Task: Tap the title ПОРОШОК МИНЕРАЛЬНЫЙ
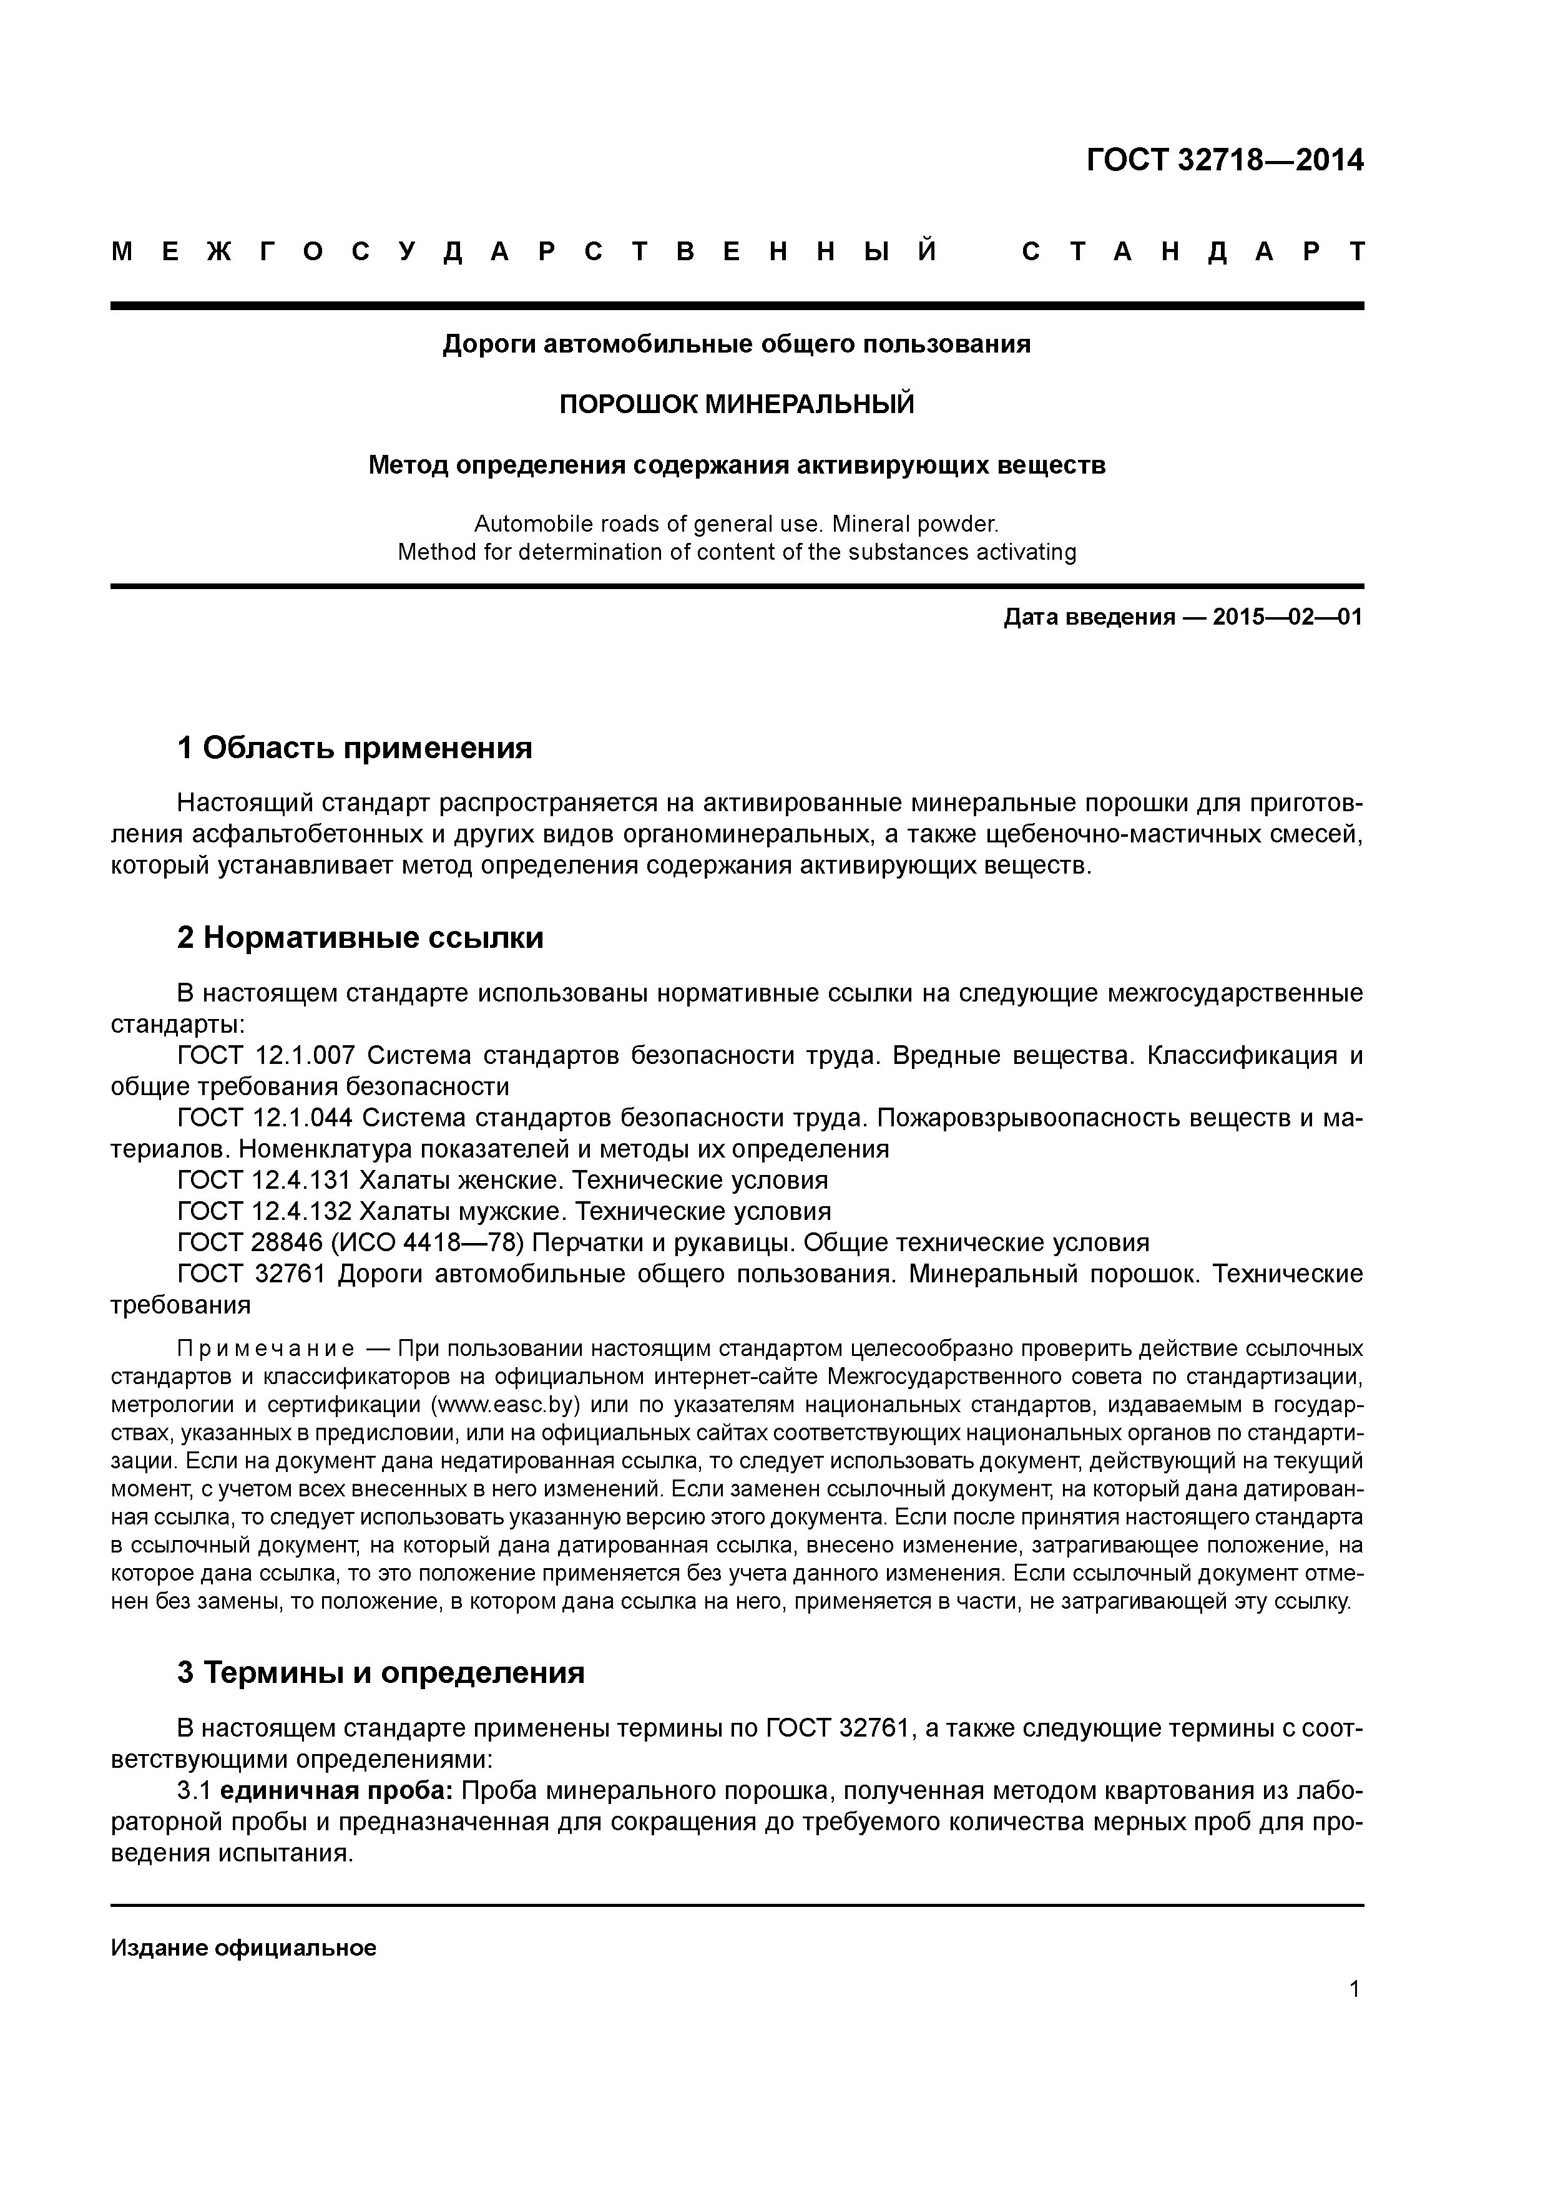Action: click(x=737, y=404)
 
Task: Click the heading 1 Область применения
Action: click(x=355, y=748)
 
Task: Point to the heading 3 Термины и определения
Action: click(x=381, y=1673)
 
